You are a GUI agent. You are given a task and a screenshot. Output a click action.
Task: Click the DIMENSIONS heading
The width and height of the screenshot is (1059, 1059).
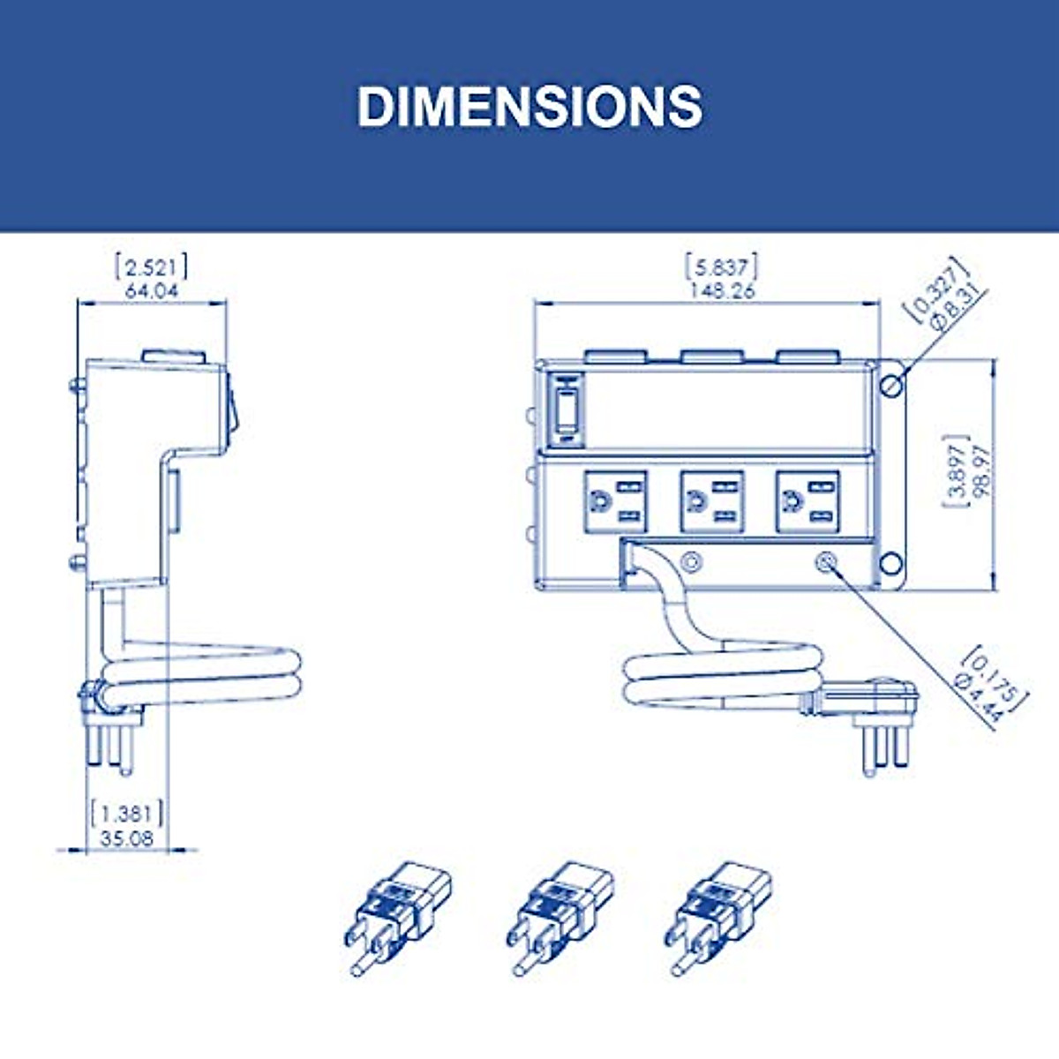(x=529, y=107)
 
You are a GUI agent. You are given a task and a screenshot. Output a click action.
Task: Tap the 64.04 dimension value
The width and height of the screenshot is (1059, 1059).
(x=152, y=290)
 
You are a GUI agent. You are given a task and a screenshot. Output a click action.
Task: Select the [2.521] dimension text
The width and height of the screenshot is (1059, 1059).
(x=151, y=267)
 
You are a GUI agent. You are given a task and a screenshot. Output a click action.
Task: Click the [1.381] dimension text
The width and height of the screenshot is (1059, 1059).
(x=127, y=814)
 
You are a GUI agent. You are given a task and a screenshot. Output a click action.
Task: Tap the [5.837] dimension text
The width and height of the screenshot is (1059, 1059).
(x=722, y=267)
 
